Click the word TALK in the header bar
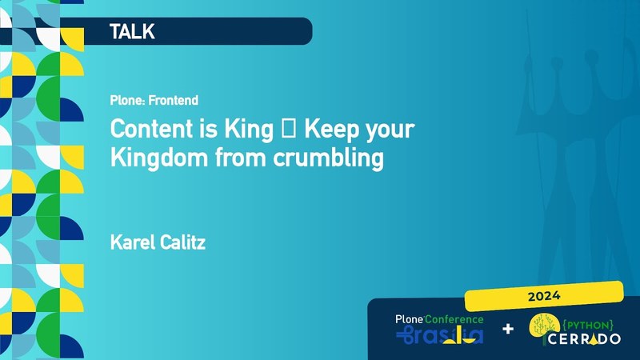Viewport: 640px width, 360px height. pos(132,32)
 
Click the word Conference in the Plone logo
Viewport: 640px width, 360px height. pos(454,320)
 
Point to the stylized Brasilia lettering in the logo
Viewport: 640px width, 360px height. pos(439,335)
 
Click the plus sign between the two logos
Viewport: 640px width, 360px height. pos(508,329)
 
